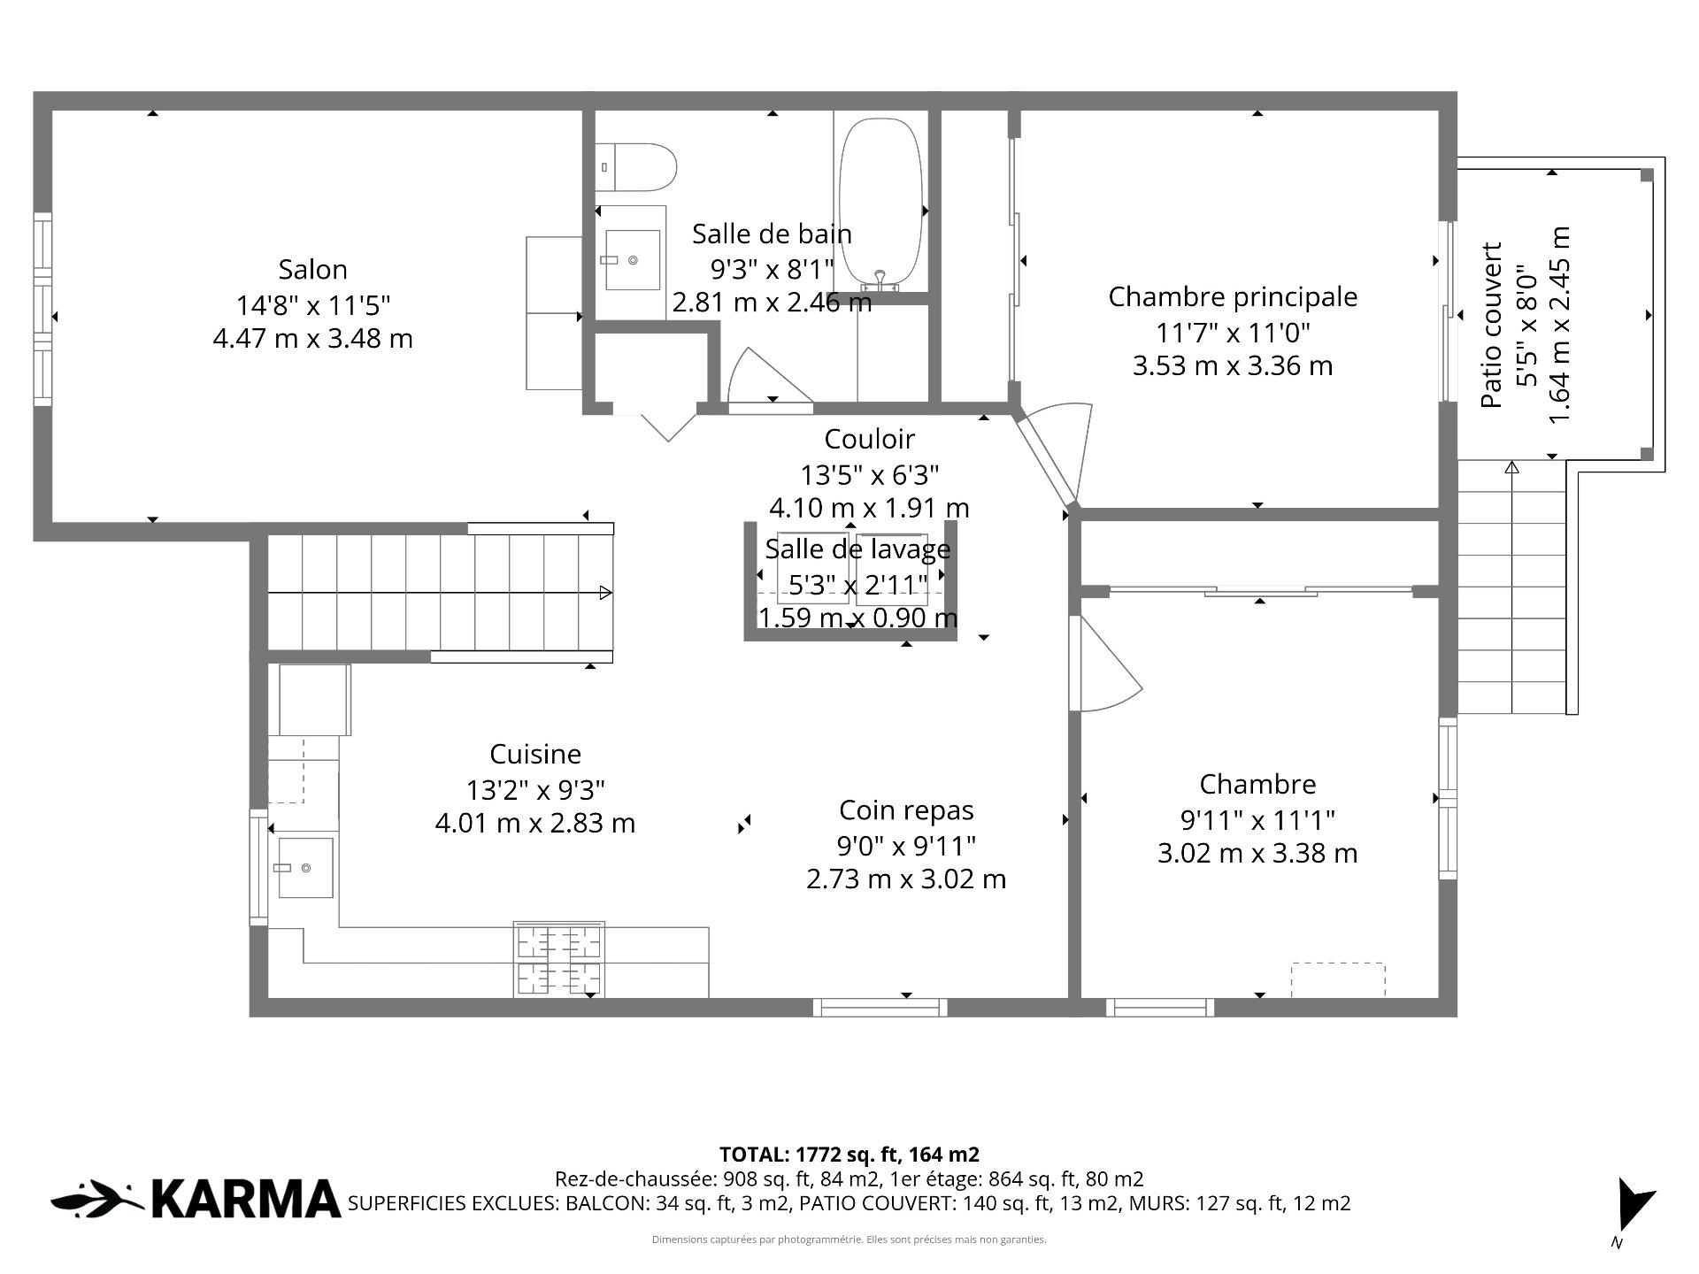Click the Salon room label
click(x=312, y=269)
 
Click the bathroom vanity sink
click(x=632, y=260)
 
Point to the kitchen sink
click(x=305, y=868)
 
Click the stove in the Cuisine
click(x=559, y=959)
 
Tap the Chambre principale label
click(x=1233, y=297)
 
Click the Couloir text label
click(x=869, y=439)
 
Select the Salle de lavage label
click(x=857, y=549)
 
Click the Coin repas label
click(x=906, y=810)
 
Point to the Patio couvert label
click(x=1492, y=325)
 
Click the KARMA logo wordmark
click(x=246, y=1200)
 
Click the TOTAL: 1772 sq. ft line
click(x=849, y=1155)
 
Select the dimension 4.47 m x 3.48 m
click(x=312, y=339)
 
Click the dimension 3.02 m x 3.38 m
click(x=1257, y=854)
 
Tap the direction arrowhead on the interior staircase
click(x=606, y=593)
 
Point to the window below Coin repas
click(x=880, y=1007)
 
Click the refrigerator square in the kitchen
click(x=315, y=700)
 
